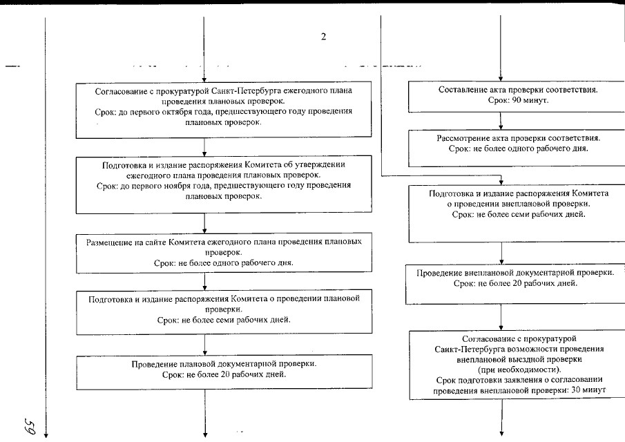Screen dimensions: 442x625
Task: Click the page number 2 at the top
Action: point(323,37)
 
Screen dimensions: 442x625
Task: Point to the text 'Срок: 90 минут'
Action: point(517,101)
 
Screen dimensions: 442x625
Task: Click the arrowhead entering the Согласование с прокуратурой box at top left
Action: point(204,78)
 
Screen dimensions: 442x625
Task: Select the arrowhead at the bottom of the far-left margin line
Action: point(46,433)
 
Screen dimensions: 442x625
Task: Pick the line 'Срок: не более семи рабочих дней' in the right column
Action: point(519,215)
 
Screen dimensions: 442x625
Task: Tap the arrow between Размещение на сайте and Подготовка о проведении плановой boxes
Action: point(204,279)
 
